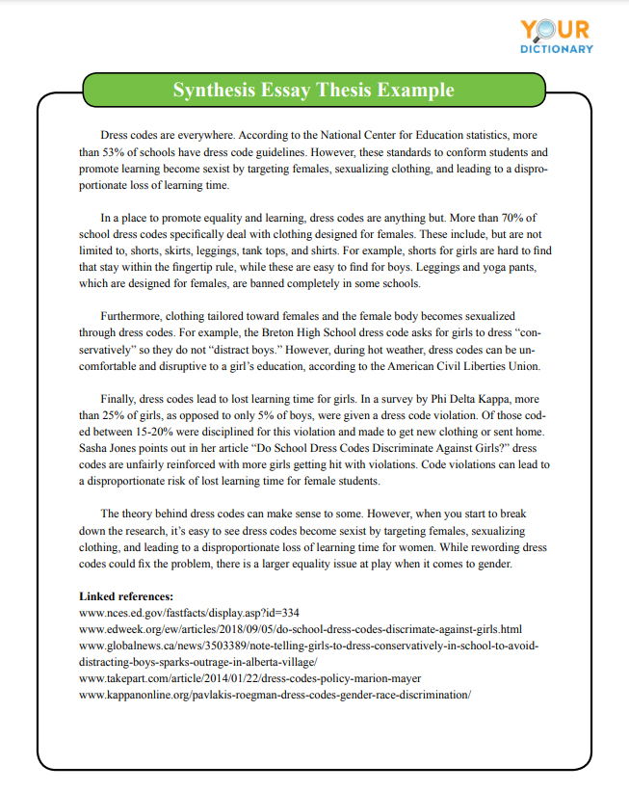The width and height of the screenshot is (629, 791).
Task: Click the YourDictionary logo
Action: [557, 36]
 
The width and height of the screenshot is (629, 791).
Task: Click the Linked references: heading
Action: [125, 596]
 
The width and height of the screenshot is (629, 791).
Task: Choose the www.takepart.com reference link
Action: [249, 678]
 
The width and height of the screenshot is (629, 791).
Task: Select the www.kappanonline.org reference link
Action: [275, 695]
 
